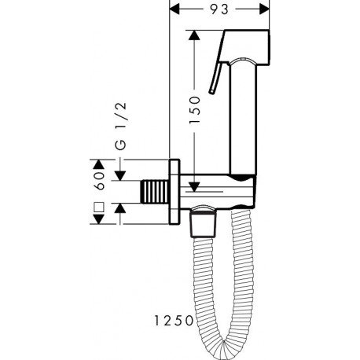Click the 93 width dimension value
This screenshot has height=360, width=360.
click(x=219, y=9)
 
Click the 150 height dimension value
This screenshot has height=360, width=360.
click(x=195, y=110)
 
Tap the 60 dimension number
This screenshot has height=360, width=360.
click(x=100, y=181)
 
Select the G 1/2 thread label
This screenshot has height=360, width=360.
click(x=122, y=126)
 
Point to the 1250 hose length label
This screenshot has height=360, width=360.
click(x=173, y=321)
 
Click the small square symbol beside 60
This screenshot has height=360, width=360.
click(x=99, y=207)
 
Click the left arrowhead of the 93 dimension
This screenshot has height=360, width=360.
click(x=174, y=9)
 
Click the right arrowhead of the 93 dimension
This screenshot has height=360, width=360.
click(x=264, y=9)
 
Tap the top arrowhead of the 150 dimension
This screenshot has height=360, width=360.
click(x=194, y=35)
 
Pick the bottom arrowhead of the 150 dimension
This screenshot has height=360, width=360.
click(x=194, y=187)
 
